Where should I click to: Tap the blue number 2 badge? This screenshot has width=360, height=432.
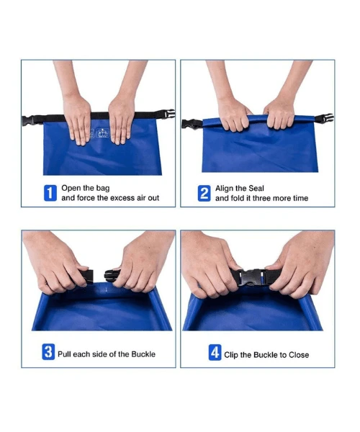click(x=204, y=192)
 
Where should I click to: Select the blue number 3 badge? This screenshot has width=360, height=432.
click(x=48, y=353)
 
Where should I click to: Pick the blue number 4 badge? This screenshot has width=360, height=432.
click(x=215, y=353)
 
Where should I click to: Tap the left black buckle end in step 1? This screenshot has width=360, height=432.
click(x=29, y=120)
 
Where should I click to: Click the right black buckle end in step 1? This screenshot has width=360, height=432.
click(x=168, y=114)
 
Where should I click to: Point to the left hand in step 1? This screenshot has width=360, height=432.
click(x=77, y=115)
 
